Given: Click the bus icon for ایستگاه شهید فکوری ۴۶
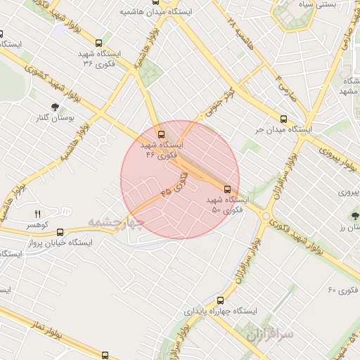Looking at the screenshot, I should coord(161,134).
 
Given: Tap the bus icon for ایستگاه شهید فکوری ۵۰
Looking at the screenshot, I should coord(227,188).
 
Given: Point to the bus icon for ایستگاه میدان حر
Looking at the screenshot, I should coord(283,118).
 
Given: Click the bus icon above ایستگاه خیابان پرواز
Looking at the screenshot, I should coord(60,231).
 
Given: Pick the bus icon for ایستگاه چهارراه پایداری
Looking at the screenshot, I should coord(221,300).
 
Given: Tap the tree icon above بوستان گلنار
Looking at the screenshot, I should coord(54,106).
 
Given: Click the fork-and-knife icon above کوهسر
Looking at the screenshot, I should coord(38,214).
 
